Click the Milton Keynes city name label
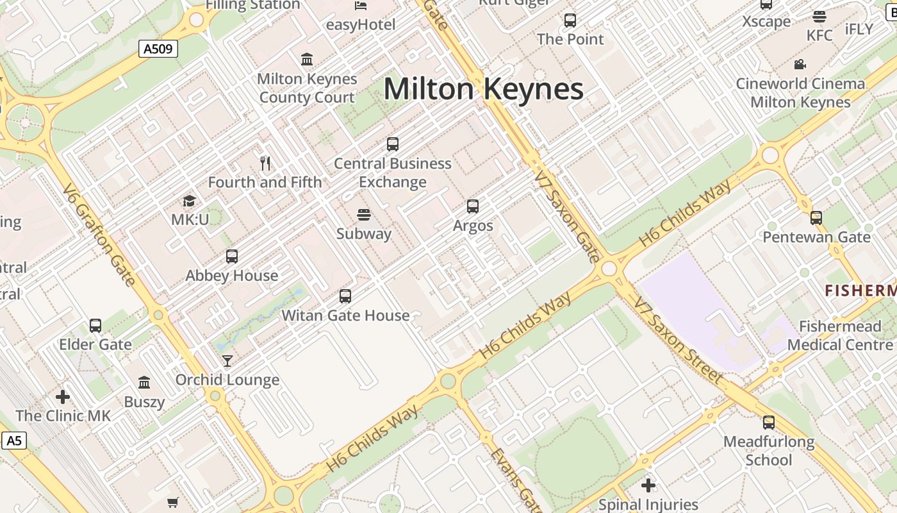(x=483, y=88)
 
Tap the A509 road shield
(x=158, y=49)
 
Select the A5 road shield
(x=13, y=441)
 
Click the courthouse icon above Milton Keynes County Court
(x=307, y=60)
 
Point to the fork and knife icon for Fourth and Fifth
(x=265, y=164)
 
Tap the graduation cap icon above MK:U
(x=189, y=201)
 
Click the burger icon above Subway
(x=364, y=214)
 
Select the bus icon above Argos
(x=473, y=206)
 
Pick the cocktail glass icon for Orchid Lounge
(x=227, y=361)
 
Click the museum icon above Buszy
(x=144, y=383)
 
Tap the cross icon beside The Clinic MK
(x=63, y=397)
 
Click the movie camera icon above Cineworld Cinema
(x=800, y=64)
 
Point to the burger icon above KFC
(x=819, y=17)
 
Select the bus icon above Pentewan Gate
(x=816, y=218)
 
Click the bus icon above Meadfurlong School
(x=769, y=423)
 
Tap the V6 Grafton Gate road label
(x=99, y=235)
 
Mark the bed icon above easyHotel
(x=361, y=6)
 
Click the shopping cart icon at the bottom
(x=172, y=502)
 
